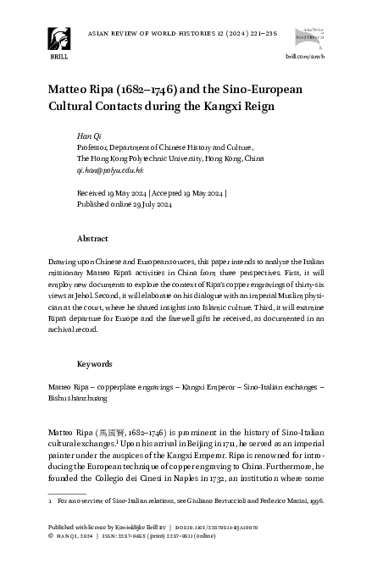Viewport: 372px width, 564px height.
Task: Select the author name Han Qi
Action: (x=87, y=135)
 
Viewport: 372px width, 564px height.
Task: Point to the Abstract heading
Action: (x=92, y=239)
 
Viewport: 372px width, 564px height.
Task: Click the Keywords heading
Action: (x=95, y=363)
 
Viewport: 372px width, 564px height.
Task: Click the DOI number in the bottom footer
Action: (x=230, y=526)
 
